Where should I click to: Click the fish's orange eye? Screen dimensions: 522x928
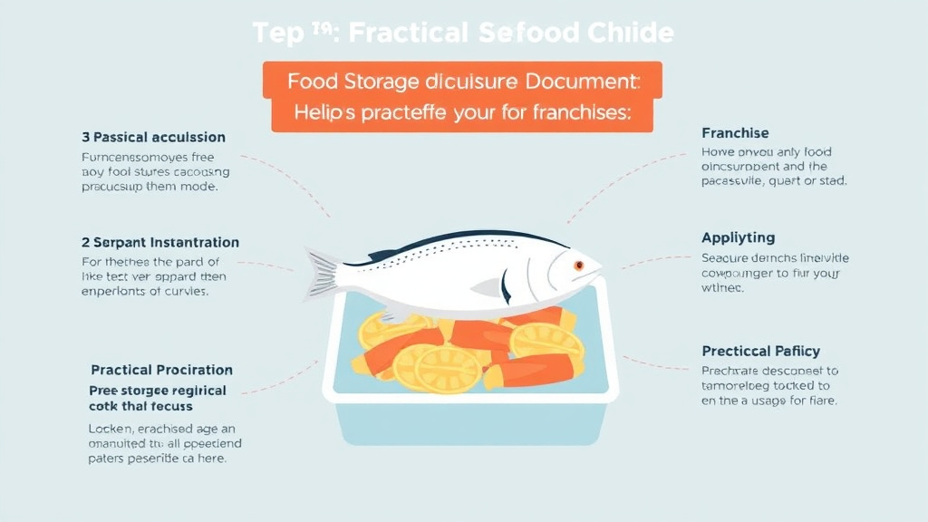tap(578, 265)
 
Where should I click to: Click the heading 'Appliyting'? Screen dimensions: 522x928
tap(738, 237)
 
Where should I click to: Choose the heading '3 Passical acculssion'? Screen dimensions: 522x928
tap(153, 137)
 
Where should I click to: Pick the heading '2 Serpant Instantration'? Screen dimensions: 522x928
tap(160, 243)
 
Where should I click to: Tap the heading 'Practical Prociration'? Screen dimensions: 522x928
tap(161, 370)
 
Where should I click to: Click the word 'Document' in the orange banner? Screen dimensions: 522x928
tap(579, 81)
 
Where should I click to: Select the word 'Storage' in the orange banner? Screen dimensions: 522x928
tap(381, 81)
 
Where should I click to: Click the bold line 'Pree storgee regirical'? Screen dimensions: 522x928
tap(158, 390)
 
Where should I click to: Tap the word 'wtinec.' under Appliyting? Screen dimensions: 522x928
tap(722, 288)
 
